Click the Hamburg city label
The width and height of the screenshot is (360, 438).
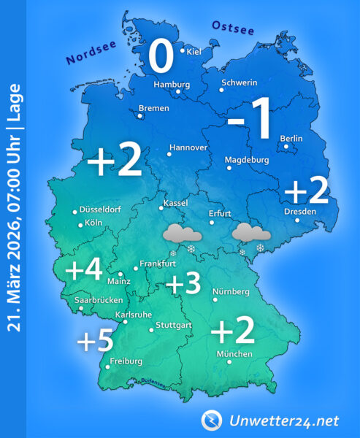tap(171, 85)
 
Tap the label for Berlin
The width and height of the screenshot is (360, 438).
tap(291, 139)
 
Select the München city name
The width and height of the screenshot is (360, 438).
tap(234, 354)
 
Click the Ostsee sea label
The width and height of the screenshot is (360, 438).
tap(232, 27)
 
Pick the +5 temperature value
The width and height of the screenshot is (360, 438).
tap(96, 339)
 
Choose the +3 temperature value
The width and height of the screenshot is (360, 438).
tap(183, 285)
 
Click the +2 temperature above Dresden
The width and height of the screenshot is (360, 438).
tap(306, 191)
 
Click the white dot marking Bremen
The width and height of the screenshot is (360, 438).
tap(140, 114)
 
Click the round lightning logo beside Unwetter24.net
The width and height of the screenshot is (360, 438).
tap(212, 420)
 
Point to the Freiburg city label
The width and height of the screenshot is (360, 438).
tap(126, 361)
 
